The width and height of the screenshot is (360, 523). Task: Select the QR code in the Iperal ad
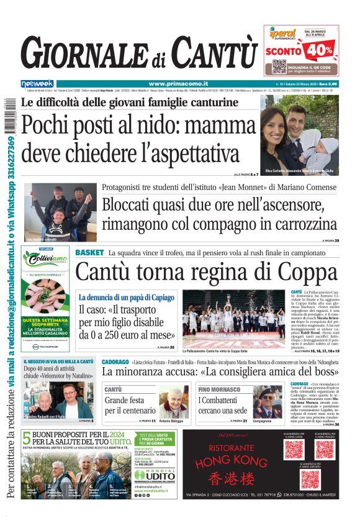[x=279, y=66]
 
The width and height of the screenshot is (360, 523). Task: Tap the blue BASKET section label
[x=90, y=253]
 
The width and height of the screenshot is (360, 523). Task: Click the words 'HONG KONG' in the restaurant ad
[x=231, y=462]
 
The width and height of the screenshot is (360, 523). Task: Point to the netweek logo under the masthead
[x=37, y=83]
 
